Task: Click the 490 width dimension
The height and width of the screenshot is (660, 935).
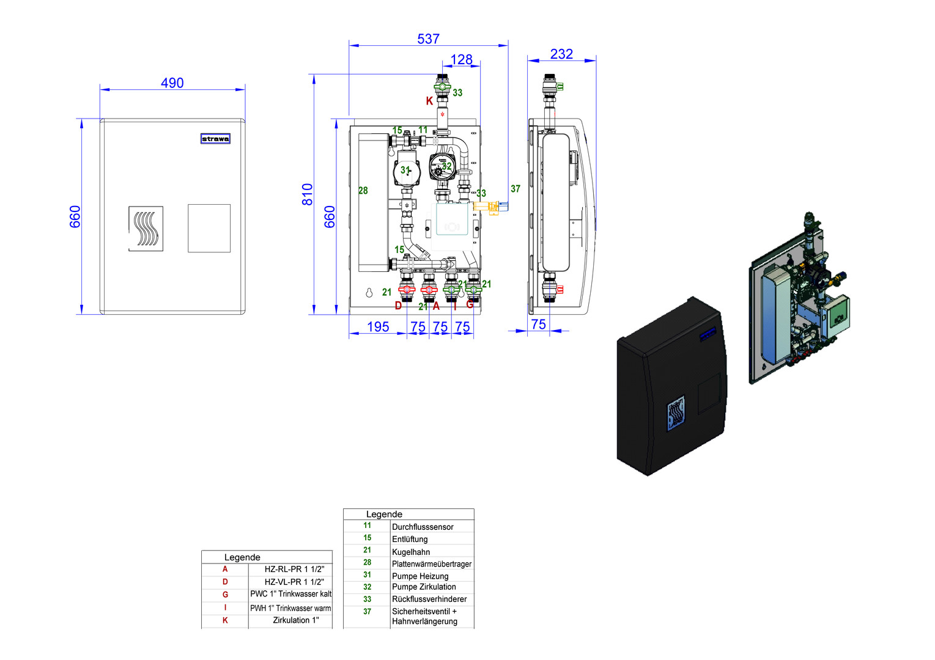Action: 172,82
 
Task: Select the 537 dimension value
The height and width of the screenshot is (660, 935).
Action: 428,38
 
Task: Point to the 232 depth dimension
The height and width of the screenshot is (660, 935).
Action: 561,54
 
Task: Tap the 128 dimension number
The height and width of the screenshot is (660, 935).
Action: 461,59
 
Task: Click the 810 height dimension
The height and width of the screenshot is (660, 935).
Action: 308,194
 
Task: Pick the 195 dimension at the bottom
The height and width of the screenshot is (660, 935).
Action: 378,326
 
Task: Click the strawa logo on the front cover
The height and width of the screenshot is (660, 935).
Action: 215,139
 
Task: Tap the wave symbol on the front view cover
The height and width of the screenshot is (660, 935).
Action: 146,229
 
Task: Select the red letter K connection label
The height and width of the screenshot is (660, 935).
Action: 429,101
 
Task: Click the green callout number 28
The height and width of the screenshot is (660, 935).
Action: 363,191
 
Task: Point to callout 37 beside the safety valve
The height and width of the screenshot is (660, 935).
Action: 516,189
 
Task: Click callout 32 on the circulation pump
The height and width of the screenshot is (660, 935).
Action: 447,166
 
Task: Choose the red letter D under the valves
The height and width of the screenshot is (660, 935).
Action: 398,306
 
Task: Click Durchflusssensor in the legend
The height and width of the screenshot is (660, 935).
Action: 423,527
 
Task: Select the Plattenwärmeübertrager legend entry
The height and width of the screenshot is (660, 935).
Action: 431,564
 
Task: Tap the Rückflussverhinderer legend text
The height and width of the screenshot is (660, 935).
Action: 429,599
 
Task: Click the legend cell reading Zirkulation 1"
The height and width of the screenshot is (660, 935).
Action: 296,620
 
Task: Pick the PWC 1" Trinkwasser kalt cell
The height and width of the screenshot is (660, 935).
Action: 290,594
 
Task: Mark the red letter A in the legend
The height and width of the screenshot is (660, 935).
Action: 225,569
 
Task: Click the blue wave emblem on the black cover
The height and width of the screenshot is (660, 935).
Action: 675,413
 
